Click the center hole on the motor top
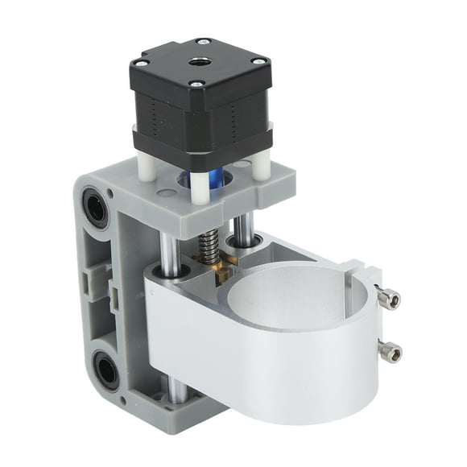(x=198, y=60)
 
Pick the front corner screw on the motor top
(x=196, y=82)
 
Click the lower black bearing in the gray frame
(x=105, y=371)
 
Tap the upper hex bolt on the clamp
(x=389, y=300)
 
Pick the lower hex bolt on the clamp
(x=390, y=350)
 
